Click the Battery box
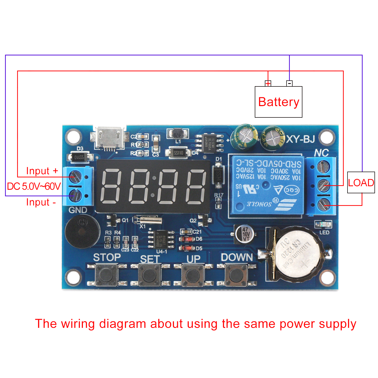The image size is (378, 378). pos(278,102)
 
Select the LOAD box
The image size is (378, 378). pos(361,182)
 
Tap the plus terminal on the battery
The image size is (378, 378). pos(268,83)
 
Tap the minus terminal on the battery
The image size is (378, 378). pos(290,83)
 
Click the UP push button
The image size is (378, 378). pos(193,275)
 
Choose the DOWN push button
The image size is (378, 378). pos(236,275)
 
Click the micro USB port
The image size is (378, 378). pos(110,138)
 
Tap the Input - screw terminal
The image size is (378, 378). pos(75,196)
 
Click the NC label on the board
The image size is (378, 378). pos(322,153)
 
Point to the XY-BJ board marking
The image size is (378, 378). pos(301,139)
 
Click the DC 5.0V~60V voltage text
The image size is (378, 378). pos(34,186)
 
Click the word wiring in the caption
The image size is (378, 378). pos(78,324)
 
